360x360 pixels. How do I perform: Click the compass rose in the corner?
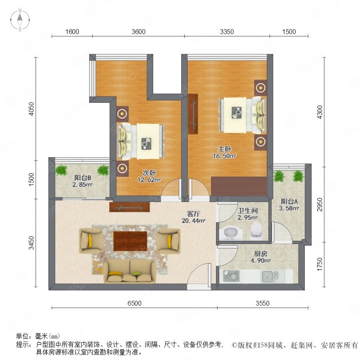pos(20,20)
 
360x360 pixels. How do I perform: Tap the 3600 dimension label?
pos(138,32)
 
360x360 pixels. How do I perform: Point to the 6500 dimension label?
pos(134,303)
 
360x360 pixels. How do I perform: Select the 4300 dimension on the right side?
pos(320,112)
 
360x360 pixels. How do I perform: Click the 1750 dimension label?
pos(320,264)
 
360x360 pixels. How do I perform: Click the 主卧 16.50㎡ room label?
pos(224,152)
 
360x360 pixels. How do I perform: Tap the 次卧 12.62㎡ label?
pos(149,176)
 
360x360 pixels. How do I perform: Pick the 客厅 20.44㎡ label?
pos(193,217)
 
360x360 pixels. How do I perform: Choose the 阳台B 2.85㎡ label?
pos(82,181)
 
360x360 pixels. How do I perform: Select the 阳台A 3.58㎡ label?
pos(289,205)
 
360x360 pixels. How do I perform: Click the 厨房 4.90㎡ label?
pos(260,257)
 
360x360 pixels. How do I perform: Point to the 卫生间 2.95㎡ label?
pos(248,214)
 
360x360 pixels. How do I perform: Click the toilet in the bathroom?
pos(256,230)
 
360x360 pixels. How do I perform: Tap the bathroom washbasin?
pos(230,233)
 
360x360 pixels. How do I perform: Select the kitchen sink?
pos(270,276)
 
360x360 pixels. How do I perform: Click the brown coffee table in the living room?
pos(130,241)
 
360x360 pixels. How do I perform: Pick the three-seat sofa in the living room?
pos(130,271)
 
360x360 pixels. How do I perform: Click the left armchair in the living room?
pos(91,241)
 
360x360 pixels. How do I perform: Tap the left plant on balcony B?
pos(61,170)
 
